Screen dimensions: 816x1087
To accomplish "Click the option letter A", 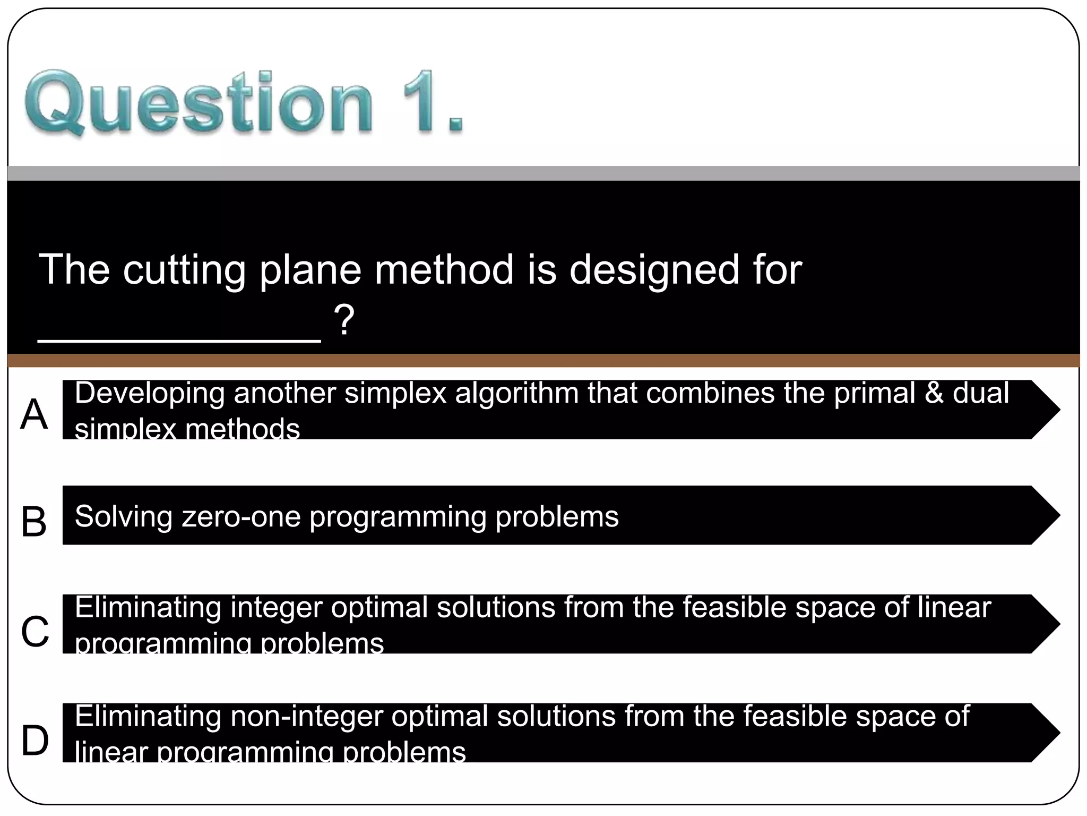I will [34, 414].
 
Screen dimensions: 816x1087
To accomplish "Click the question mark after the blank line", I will [344, 320].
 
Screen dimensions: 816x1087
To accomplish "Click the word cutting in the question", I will [184, 270].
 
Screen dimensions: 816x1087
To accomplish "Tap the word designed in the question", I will [654, 269].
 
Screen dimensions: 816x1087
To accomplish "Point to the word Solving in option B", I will [124, 516].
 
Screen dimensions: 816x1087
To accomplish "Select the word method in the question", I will [444, 269].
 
